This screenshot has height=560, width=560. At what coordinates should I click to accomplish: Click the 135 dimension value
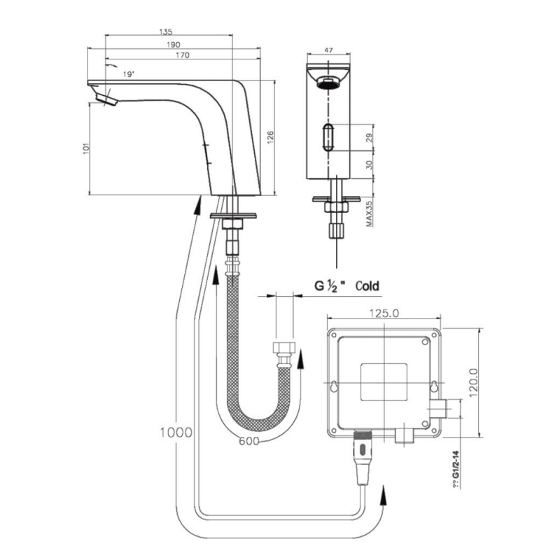(166, 31)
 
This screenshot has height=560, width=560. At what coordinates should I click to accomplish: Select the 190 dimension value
(166, 43)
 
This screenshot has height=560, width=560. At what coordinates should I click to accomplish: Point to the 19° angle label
(128, 73)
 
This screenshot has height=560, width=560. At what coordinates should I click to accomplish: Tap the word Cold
(367, 286)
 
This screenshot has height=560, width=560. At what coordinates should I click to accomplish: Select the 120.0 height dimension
(472, 384)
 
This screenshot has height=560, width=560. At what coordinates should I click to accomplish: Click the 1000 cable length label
(176, 432)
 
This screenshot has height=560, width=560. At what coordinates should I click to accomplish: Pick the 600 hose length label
(250, 441)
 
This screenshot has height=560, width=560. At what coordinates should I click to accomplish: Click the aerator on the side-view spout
(107, 101)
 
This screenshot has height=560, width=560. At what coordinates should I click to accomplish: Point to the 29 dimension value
(369, 139)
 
